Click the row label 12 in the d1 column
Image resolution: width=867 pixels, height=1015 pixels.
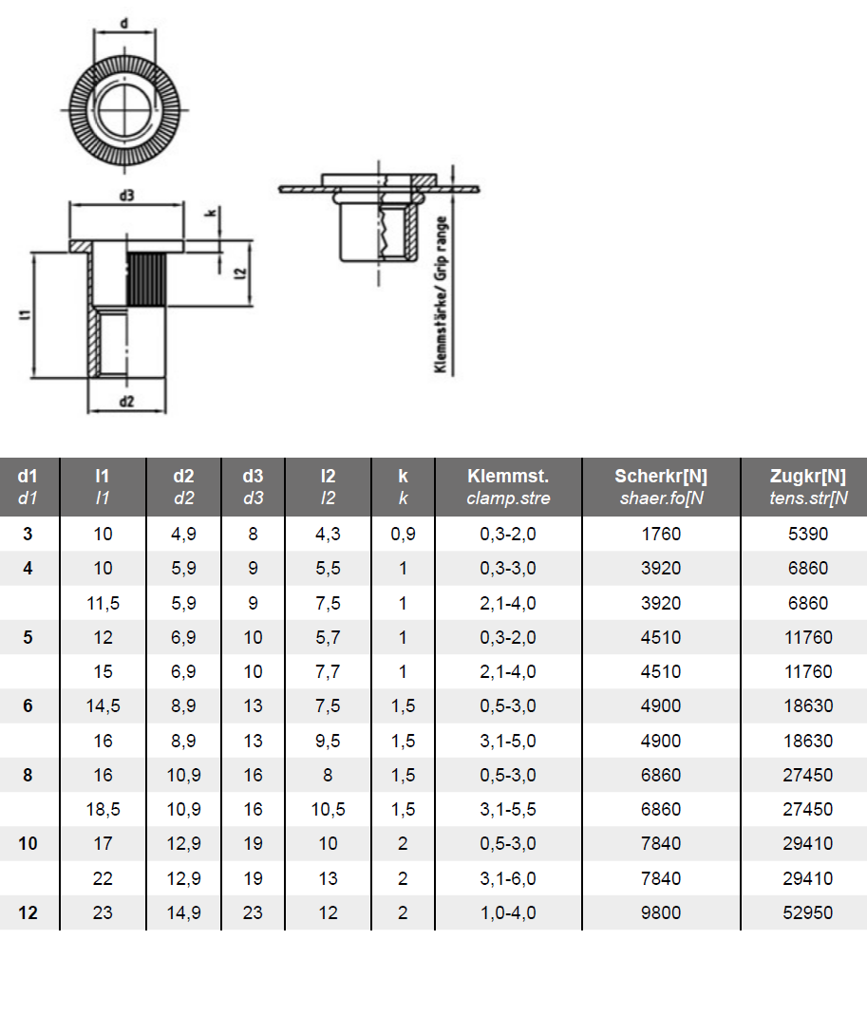(x=28, y=912)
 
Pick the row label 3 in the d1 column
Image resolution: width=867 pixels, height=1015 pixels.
(x=28, y=534)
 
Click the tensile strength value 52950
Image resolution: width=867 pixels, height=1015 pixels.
(x=807, y=912)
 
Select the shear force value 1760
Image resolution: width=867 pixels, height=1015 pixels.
(x=661, y=534)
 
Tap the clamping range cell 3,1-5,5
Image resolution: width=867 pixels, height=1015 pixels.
(x=508, y=809)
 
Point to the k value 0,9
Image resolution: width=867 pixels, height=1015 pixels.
(x=403, y=534)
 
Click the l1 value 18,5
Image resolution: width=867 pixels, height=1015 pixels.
(x=103, y=809)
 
